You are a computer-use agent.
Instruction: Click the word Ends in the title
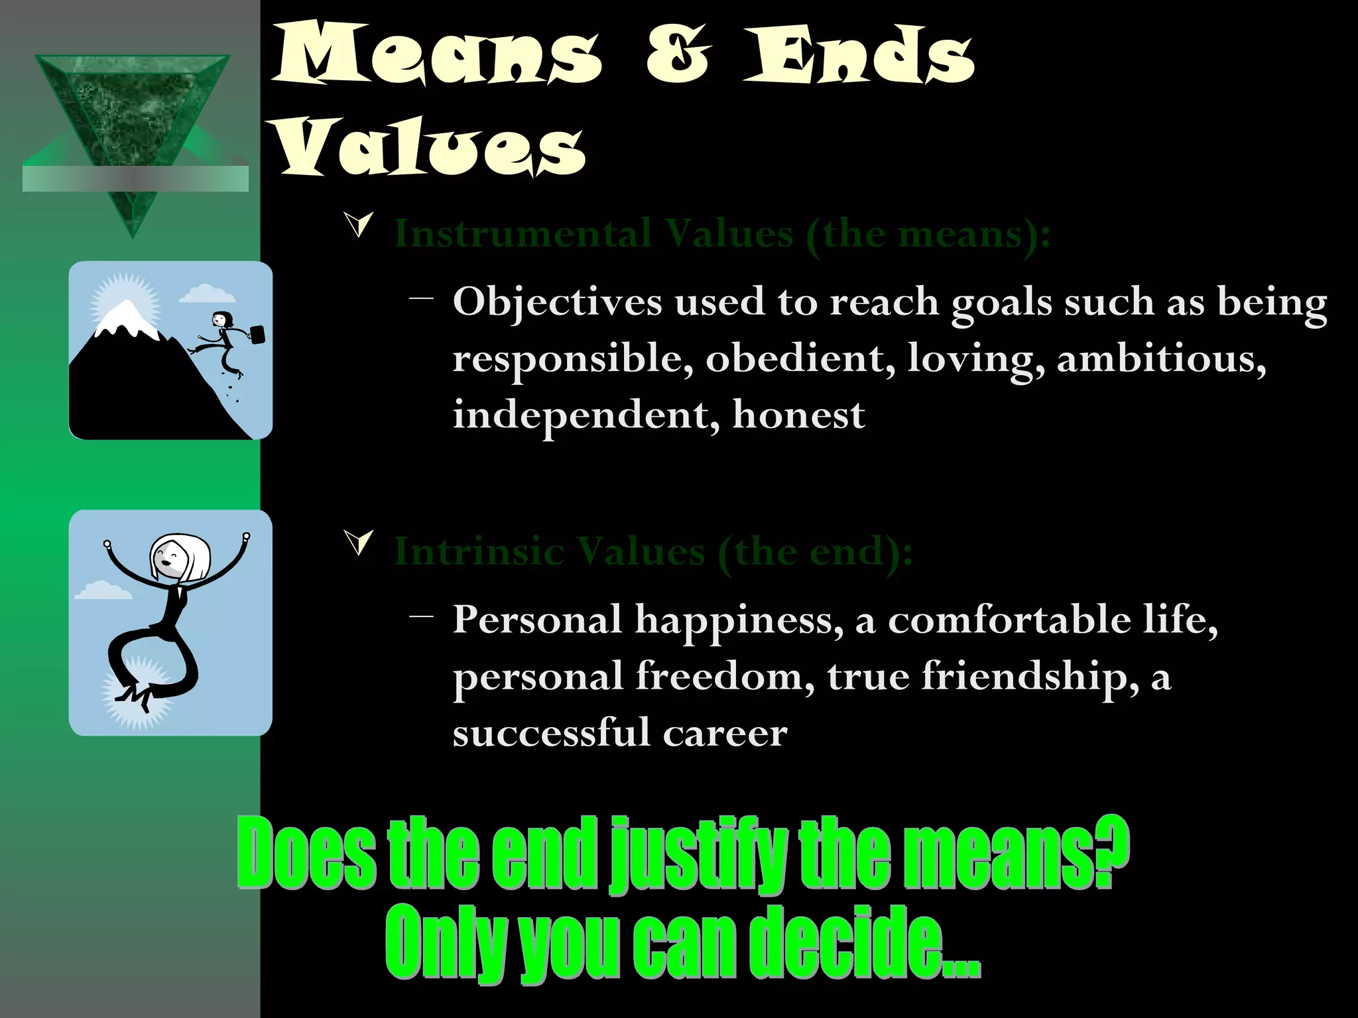(x=859, y=56)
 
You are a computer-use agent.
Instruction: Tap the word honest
(x=798, y=415)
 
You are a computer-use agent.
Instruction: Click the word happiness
(x=739, y=620)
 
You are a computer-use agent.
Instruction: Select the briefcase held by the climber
(x=257, y=335)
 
